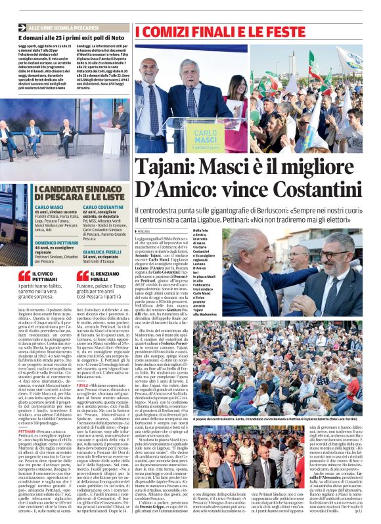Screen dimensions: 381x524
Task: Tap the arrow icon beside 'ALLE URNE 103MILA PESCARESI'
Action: pos(23,28)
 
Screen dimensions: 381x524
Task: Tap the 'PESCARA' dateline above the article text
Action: pos(143,231)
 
